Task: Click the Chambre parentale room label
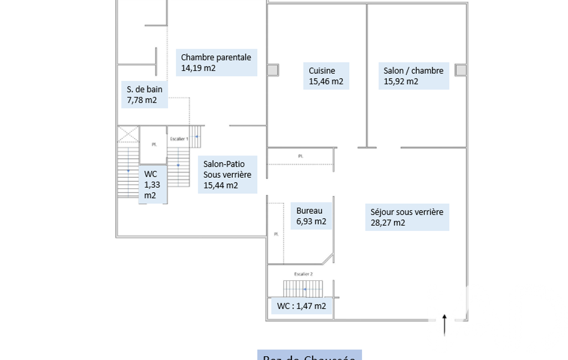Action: click(x=216, y=63)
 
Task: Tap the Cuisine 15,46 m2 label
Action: click(x=326, y=76)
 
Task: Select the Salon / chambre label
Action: click(x=413, y=76)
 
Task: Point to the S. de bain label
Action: click(x=144, y=95)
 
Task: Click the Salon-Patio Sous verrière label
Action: click(x=227, y=174)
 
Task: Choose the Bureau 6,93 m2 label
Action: click(x=311, y=216)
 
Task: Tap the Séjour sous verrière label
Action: click(x=407, y=217)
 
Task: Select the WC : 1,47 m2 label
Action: click(x=301, y=306)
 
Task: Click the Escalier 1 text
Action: click(x=179, y=138)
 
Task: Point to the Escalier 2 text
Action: click(x=303, y=274)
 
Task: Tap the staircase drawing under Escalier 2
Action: click(x=303, y=289)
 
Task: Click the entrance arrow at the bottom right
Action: click(x=444, y=325)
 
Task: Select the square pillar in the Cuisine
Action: click(x=273, y=70)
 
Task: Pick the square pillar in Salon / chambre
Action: click(x=460, y=70)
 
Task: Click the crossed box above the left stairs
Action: click(x=128, y=135)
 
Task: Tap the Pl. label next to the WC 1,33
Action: click(x=154, y=145)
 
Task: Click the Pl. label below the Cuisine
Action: click(x=300, y=156)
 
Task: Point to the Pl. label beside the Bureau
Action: click(x=275, y=234)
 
